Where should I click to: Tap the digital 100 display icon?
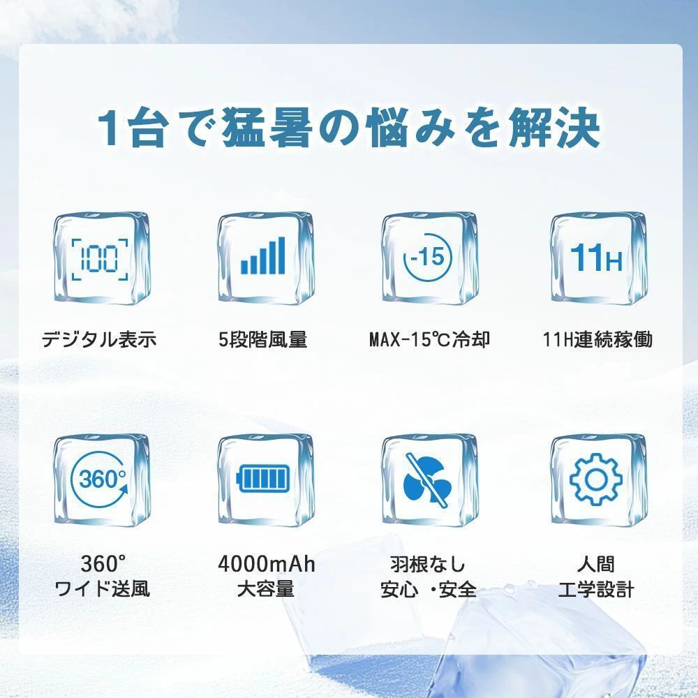(x=100, y=259)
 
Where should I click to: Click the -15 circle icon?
(x=427, y=257)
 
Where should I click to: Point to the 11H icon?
(x=596, y=258)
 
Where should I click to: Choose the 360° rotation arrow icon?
(x=101, y=480)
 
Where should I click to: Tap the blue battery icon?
(x=262, y=479)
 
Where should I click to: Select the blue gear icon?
(x=596, y=480)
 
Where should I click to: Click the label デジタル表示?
(x=99, y=340)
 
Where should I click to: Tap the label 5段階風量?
(x=262, y=340)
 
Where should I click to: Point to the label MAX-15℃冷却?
(x=429, y=340)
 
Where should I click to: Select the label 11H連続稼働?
(x=597, y=340)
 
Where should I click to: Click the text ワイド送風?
(x=102, y=589)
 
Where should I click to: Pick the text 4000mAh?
(x=266, y=564)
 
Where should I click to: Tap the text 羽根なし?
(x=427, y=564)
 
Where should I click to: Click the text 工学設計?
(x=596, y=589)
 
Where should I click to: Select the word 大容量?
(x=266, y=589)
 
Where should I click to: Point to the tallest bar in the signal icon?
(x=281, y=255)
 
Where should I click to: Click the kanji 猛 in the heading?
(x=243, y=128)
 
